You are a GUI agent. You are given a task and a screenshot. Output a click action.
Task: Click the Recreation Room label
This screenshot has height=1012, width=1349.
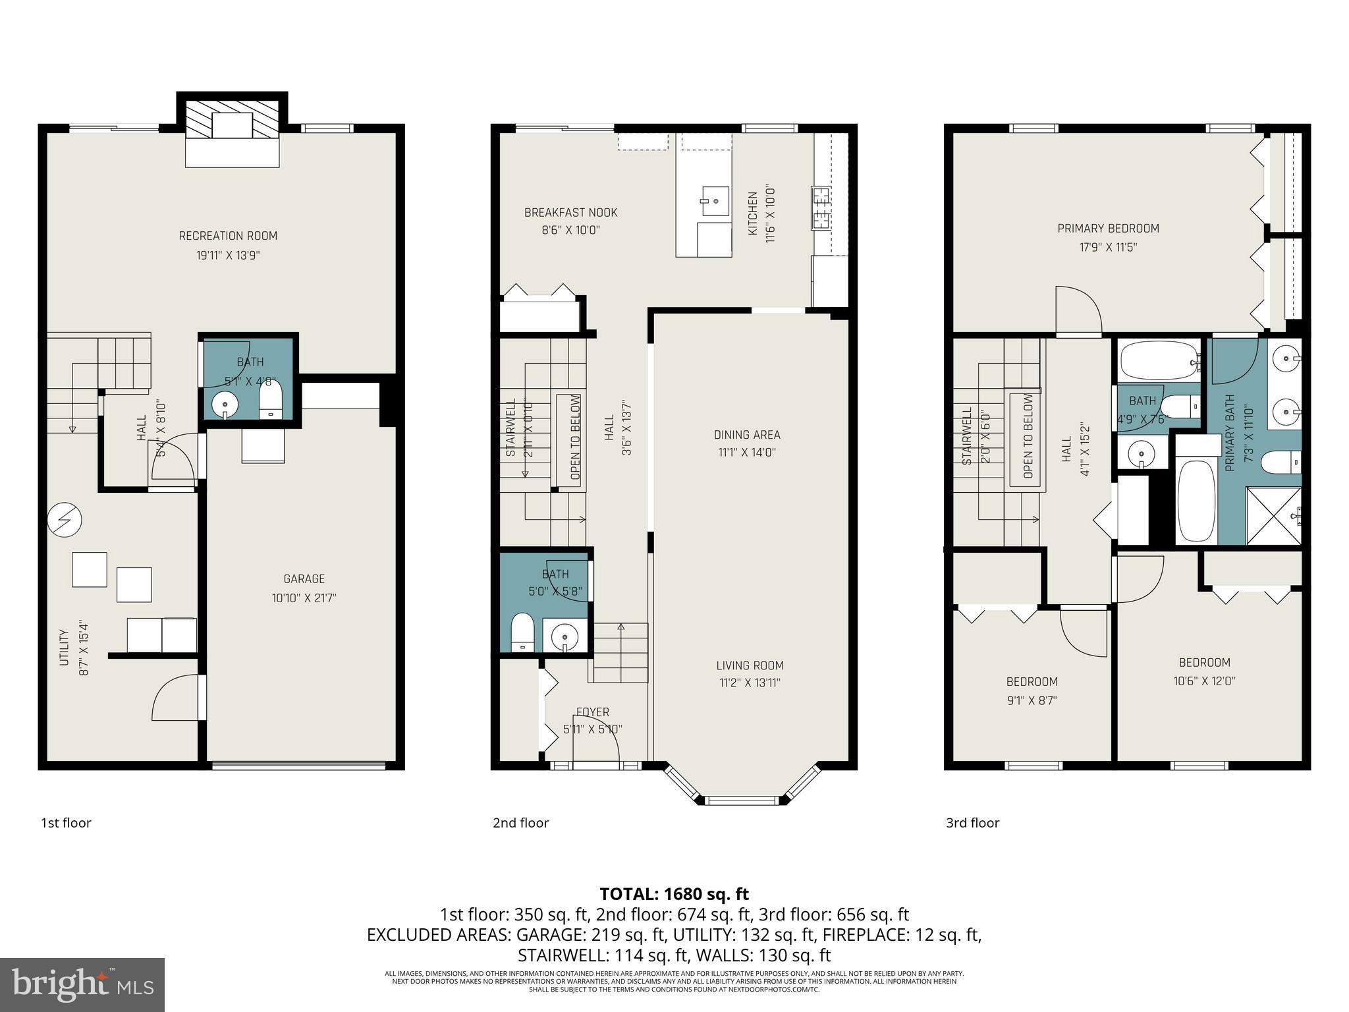click(x=228, y=236)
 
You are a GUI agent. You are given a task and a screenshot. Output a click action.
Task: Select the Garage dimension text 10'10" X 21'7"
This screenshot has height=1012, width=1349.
click(x=304, y=598)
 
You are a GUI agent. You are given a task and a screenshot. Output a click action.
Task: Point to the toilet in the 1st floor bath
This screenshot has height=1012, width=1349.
click(x=271, y=399)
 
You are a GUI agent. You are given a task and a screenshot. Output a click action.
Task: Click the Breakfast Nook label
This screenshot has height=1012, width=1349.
click(x=570, y=213)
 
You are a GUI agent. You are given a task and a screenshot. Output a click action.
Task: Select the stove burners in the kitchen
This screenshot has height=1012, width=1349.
click(x=820, y=208)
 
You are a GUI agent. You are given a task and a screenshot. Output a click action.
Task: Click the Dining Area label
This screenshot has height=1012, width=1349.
click(x=747, y=435)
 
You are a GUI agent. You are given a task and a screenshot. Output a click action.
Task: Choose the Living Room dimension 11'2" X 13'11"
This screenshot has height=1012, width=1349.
click(x=750, y=683)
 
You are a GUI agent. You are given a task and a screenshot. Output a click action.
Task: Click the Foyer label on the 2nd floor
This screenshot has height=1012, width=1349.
click(x=592, y=712)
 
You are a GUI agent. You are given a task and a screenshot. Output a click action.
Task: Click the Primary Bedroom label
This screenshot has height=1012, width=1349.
click(x=1108, y=229)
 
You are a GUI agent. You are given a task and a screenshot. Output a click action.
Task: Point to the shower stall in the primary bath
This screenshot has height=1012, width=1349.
click(x=1273, y=516)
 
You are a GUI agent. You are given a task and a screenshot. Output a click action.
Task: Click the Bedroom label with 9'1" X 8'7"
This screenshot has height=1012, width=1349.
click(x=1032, y=682)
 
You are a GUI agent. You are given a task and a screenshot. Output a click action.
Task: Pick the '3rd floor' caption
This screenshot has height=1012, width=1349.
click(x=972, y=823)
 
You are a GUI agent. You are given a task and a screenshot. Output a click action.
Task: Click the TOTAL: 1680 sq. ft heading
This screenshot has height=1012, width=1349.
click(x=674, y=894)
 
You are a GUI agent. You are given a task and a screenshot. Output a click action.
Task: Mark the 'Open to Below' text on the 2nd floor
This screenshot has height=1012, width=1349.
click(x=575, y=437)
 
